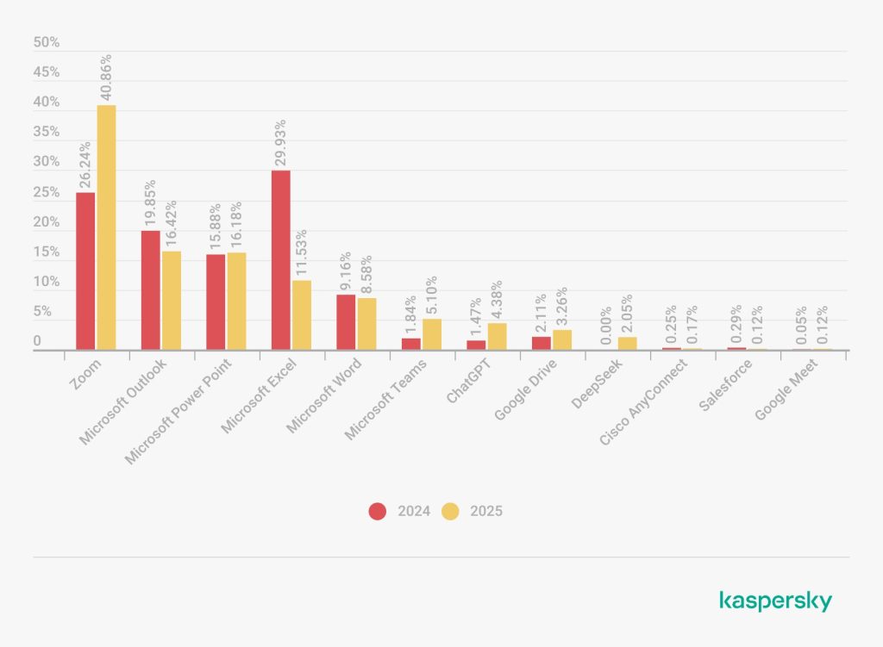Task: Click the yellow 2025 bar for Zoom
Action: click(106, 227)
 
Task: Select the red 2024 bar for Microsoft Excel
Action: click(281, 259)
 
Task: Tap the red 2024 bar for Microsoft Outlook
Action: click(150, 289)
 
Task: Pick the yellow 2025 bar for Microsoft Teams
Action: click(432, 334)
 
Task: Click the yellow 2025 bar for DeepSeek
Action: click(628, 343)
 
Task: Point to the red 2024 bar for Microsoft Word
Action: click(346, 321)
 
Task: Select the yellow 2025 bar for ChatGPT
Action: click(497, 336)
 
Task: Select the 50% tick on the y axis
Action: click(47, 42)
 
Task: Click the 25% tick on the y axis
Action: click(47, 192)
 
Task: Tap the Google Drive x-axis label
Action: click(526, 389)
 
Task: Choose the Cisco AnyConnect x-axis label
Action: click(645, 401)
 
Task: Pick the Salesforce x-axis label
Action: click(725, 385)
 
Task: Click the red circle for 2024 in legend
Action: click(378, 511)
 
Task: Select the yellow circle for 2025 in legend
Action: click(450, 511)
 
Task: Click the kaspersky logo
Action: click(775, 600)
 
